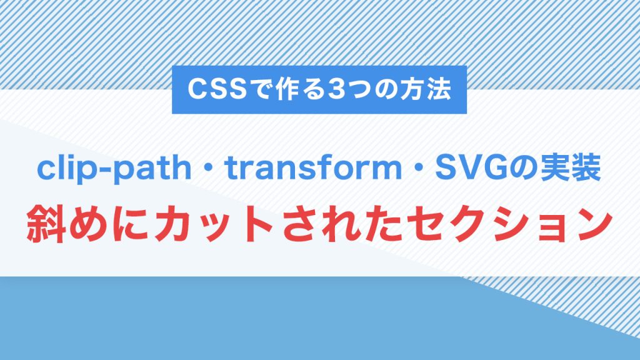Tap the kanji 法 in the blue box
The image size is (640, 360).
click(437, 90)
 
